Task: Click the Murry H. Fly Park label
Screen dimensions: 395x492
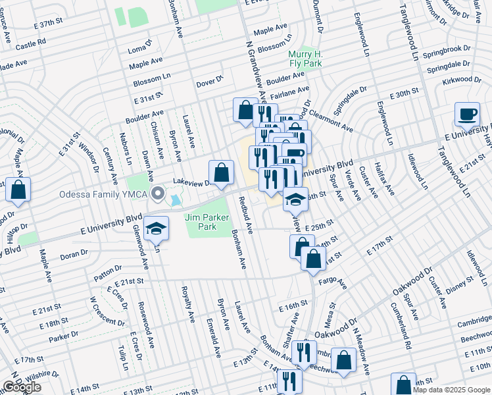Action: [x=305, y=59]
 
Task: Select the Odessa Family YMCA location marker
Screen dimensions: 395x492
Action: [x=157, y=194]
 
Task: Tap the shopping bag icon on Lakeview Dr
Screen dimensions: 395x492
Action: [x=222, y=172]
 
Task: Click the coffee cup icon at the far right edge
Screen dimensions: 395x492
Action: [x=467, y=114]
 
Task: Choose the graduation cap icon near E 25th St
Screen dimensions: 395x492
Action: [x=295, y=198]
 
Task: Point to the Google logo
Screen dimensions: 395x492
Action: [x=22, y=387]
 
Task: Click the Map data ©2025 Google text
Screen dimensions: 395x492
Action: [x=451, y=390]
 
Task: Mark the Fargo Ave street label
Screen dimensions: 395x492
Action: [x=333, y=283]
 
